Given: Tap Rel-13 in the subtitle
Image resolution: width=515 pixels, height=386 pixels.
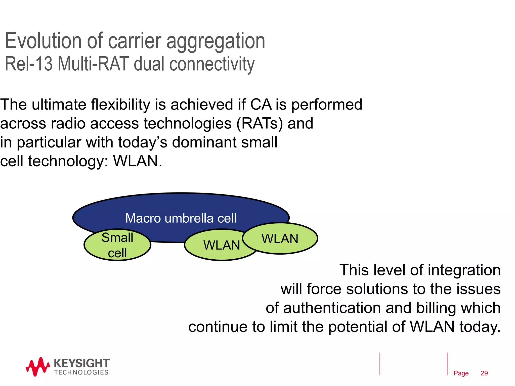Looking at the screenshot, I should (x=29, y=64).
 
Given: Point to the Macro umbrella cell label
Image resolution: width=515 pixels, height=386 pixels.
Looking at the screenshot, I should (x=181, y=218).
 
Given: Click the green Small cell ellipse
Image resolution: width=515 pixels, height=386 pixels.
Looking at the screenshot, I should (x=117, y=245).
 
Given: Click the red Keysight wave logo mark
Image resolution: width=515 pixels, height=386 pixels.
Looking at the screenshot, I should (x=38, y=367).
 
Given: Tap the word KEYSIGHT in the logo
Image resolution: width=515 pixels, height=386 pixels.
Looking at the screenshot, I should (x=81, y=363).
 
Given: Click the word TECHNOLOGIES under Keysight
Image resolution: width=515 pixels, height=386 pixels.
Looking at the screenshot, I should (x=81, y=372).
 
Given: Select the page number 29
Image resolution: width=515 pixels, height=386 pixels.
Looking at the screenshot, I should (x=484, y=373).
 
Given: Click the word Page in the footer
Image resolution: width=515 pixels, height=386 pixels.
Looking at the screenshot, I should (x=461, y=373).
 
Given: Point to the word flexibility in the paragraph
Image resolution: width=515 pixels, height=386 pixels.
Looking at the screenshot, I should (x=120, y=105).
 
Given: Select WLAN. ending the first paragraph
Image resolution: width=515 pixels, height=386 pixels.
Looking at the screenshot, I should (x=138, y=161).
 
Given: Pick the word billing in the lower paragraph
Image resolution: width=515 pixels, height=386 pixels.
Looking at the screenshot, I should (x=437, y=308).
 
